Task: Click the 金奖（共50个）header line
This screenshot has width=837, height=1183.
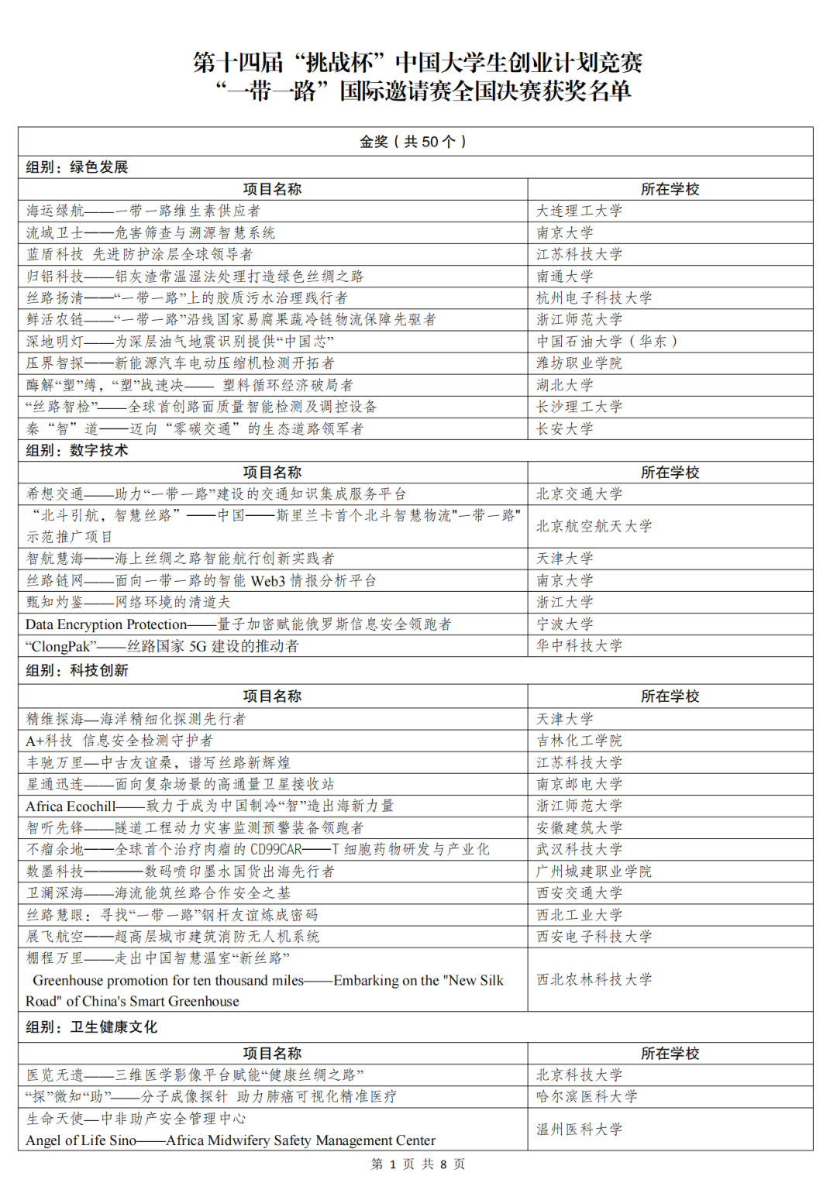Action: click(414, 142)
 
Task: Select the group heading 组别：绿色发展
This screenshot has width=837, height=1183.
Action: click(77, 167)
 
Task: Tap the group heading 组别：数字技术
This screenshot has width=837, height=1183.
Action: click(77, 450)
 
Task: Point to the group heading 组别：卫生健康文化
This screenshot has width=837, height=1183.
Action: click(91, 1027)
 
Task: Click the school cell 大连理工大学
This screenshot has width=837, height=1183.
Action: click(579, 211)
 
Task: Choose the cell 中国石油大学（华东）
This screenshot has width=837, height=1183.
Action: click(607, 341)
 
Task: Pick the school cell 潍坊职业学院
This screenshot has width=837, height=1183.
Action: click(579, 363)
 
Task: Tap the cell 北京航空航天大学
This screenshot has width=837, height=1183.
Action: click(594, 526)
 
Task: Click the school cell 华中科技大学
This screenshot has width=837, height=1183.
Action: click(579, 645)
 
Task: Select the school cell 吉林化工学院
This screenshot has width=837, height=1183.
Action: click(579, 741)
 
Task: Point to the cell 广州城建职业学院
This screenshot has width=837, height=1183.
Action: click(594, 871)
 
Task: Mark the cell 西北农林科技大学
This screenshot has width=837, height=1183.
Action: click(594, 979)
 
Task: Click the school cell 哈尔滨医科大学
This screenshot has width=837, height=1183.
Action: click(587, 1096)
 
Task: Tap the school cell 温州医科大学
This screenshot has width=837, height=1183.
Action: click(579, 1129)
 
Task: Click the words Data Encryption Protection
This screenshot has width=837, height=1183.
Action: click(106, 624)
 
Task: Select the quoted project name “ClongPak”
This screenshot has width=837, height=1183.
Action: click(61, 646)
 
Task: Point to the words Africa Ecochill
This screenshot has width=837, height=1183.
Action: click(71, 806)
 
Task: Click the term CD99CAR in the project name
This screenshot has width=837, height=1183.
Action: click(276, 849)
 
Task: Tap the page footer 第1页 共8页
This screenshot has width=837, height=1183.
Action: click(418, 1164)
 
